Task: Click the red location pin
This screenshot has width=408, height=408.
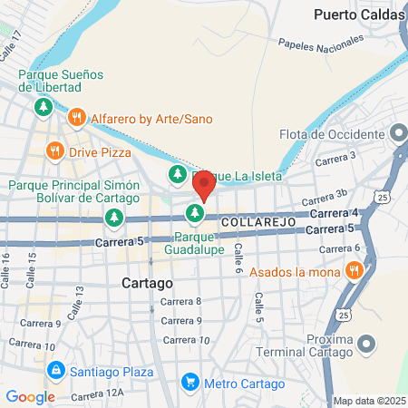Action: tap(204, 185)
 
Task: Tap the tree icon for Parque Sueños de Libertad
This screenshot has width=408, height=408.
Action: tap(43, 109)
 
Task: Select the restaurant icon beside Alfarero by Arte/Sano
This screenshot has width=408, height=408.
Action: tap(77, 118)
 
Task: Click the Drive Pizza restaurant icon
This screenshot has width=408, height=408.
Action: tap(55, 151)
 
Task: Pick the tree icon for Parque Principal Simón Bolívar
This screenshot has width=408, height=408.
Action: tap(112, 218)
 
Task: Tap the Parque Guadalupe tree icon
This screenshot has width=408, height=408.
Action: tap(193, 214)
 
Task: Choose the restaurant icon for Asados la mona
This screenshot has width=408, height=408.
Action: tap(354, 269)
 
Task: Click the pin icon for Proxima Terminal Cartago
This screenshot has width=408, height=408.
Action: tap(366, 344)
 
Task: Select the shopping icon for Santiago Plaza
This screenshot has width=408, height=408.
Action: tap(56, 371)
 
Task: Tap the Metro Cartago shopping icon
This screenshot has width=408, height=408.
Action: tap(189, 382)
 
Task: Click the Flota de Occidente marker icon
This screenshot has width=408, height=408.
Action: tap(398, 134)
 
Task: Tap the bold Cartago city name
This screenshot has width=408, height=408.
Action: tap(147, 283)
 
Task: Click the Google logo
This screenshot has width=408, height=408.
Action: tap(31, 396)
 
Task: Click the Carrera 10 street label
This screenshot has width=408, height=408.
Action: tap(191, 340)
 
